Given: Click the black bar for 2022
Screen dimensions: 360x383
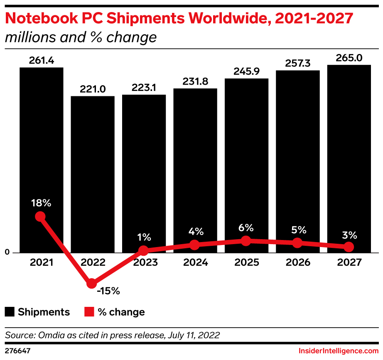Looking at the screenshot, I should pos(92,174).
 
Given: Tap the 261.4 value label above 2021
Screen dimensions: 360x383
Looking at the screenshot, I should pos(41,61).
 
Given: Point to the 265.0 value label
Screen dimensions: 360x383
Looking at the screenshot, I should pos(349,58).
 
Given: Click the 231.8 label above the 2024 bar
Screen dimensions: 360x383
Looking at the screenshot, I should pos(195,82).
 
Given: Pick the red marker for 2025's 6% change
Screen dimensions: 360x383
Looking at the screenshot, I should pos(246,241).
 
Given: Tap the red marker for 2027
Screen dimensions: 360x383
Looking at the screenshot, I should pos(349,247).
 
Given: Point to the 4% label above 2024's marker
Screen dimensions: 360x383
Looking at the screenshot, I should pos(195,231).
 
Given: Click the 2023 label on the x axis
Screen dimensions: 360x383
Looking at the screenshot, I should pos(144,263).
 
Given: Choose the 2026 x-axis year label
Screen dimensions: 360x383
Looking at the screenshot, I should pos(297,263).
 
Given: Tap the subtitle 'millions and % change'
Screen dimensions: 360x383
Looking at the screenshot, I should pos(81,38).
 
